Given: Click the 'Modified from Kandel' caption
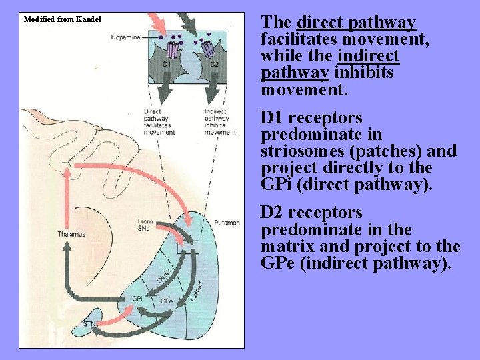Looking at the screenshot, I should tap(63, 19).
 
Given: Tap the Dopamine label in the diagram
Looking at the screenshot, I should tap(127, 37).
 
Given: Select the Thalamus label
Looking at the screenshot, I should tap(71, 234).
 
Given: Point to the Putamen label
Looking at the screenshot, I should tap(227, 223).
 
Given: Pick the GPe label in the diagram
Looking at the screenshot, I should tap(167, 301).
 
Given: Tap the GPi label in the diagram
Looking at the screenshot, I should tap(137, 299).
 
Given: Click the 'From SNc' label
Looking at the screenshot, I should tap(145, 225).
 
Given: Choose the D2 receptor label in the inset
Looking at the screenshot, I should tap(215, 65).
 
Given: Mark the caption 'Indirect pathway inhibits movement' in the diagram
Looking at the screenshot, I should tap(220, 121).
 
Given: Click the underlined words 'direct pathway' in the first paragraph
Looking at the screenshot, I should tap(357, 23).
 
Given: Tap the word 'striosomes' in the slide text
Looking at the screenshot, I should tap(297, 151).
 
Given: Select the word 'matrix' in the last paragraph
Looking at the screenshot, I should tap(285, 246).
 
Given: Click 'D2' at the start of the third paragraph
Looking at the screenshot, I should tap(271, 213).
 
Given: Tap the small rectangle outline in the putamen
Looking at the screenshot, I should tap(188, 247).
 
